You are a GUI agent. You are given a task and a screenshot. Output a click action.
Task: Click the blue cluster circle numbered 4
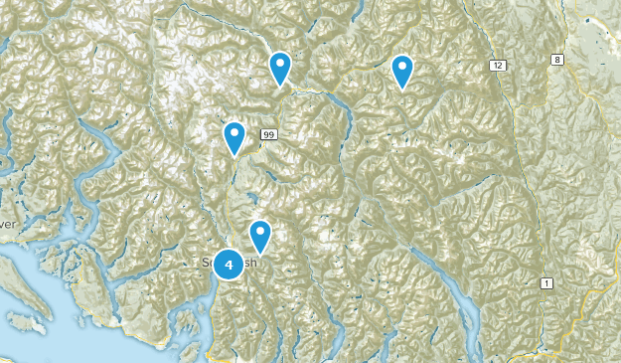(230, 264)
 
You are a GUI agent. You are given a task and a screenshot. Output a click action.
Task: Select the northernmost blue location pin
(281, 68)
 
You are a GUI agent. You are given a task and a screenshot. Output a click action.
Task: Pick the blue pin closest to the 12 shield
(402, 71)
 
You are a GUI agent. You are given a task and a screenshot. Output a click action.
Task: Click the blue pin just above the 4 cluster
(260, 236)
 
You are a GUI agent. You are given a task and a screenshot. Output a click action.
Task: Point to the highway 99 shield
(268, 134)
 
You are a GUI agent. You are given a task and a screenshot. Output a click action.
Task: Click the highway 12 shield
(497, 65)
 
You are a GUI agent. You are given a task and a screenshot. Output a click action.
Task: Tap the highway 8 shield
(557, 61)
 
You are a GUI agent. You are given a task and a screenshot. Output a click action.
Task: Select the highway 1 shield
(544, 285)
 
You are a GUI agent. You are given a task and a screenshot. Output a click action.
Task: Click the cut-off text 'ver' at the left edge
(8, 225)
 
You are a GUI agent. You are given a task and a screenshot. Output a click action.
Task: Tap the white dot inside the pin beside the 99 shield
(234, 131)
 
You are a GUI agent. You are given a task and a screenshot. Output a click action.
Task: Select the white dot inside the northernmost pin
(281, 64)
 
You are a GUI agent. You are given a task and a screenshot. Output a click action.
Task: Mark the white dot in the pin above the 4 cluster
(260, 232)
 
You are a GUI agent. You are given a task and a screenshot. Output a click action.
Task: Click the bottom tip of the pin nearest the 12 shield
(402, 90)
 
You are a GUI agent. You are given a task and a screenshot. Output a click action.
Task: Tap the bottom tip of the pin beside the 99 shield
(234, 155)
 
